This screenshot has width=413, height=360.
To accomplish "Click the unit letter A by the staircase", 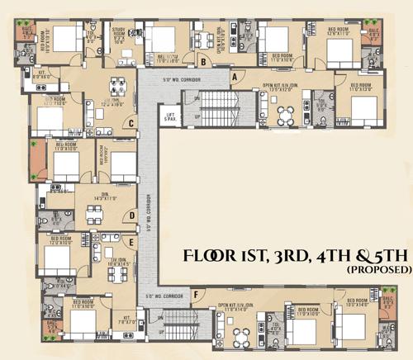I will coord(235,77).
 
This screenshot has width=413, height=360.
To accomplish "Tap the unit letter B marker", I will coord(203,59).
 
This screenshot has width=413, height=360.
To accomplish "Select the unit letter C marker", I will coord(131,124).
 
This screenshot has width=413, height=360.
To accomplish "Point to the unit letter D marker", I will coord(132,216).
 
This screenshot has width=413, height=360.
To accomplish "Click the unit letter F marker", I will coord(195,294).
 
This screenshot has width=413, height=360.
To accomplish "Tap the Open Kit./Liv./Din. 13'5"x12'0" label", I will coord(279,88).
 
